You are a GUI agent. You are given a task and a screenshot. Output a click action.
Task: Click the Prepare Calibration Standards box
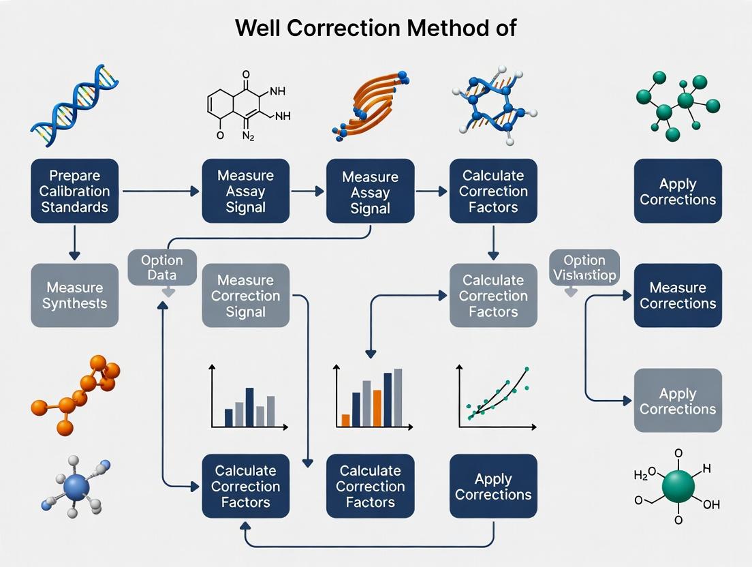(x=75, y=191)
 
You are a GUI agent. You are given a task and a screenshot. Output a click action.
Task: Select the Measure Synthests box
(x=75, y=296)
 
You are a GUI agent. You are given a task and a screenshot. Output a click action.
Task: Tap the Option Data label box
(x=162, y=267)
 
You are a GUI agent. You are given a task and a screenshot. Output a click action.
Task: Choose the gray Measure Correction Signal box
(x=245, y=296)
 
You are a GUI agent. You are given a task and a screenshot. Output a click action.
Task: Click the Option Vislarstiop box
(x=584, y=267)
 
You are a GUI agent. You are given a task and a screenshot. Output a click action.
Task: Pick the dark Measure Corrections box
(x=677, y=296)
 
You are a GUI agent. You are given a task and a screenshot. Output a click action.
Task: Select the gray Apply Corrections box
(x=677, y=401)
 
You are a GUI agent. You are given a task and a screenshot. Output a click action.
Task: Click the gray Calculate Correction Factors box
(x=493, y=296)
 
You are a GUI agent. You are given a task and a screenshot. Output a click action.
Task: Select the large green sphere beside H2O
(x=678, y=486)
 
